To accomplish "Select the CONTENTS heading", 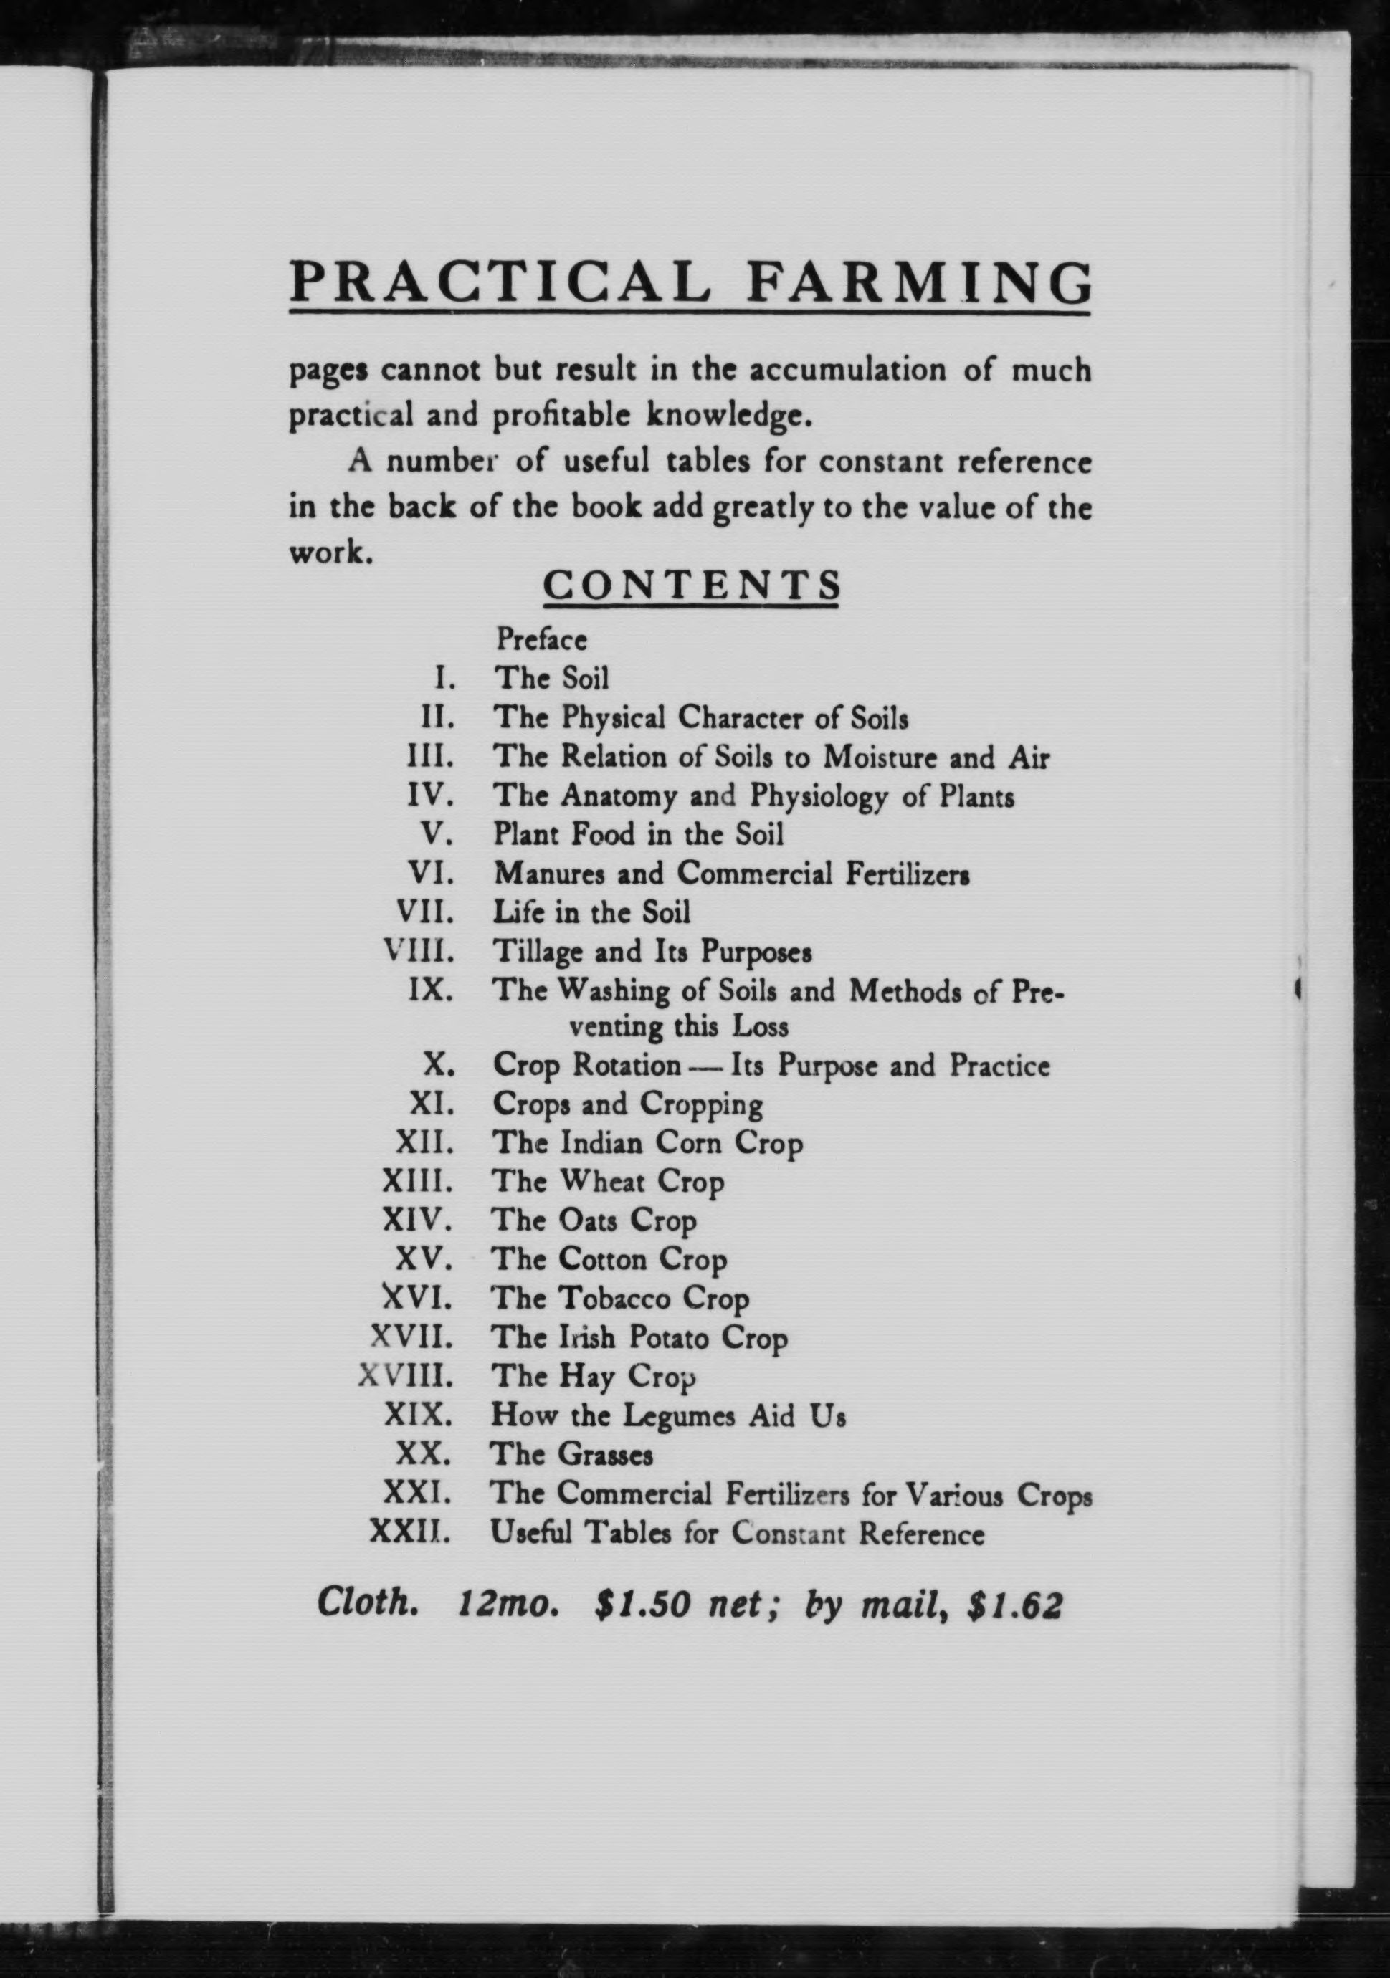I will point(691,585).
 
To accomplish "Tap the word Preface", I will point(541,639).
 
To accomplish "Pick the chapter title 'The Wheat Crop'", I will point(607,1182).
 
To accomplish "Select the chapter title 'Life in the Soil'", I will point(591,912).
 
